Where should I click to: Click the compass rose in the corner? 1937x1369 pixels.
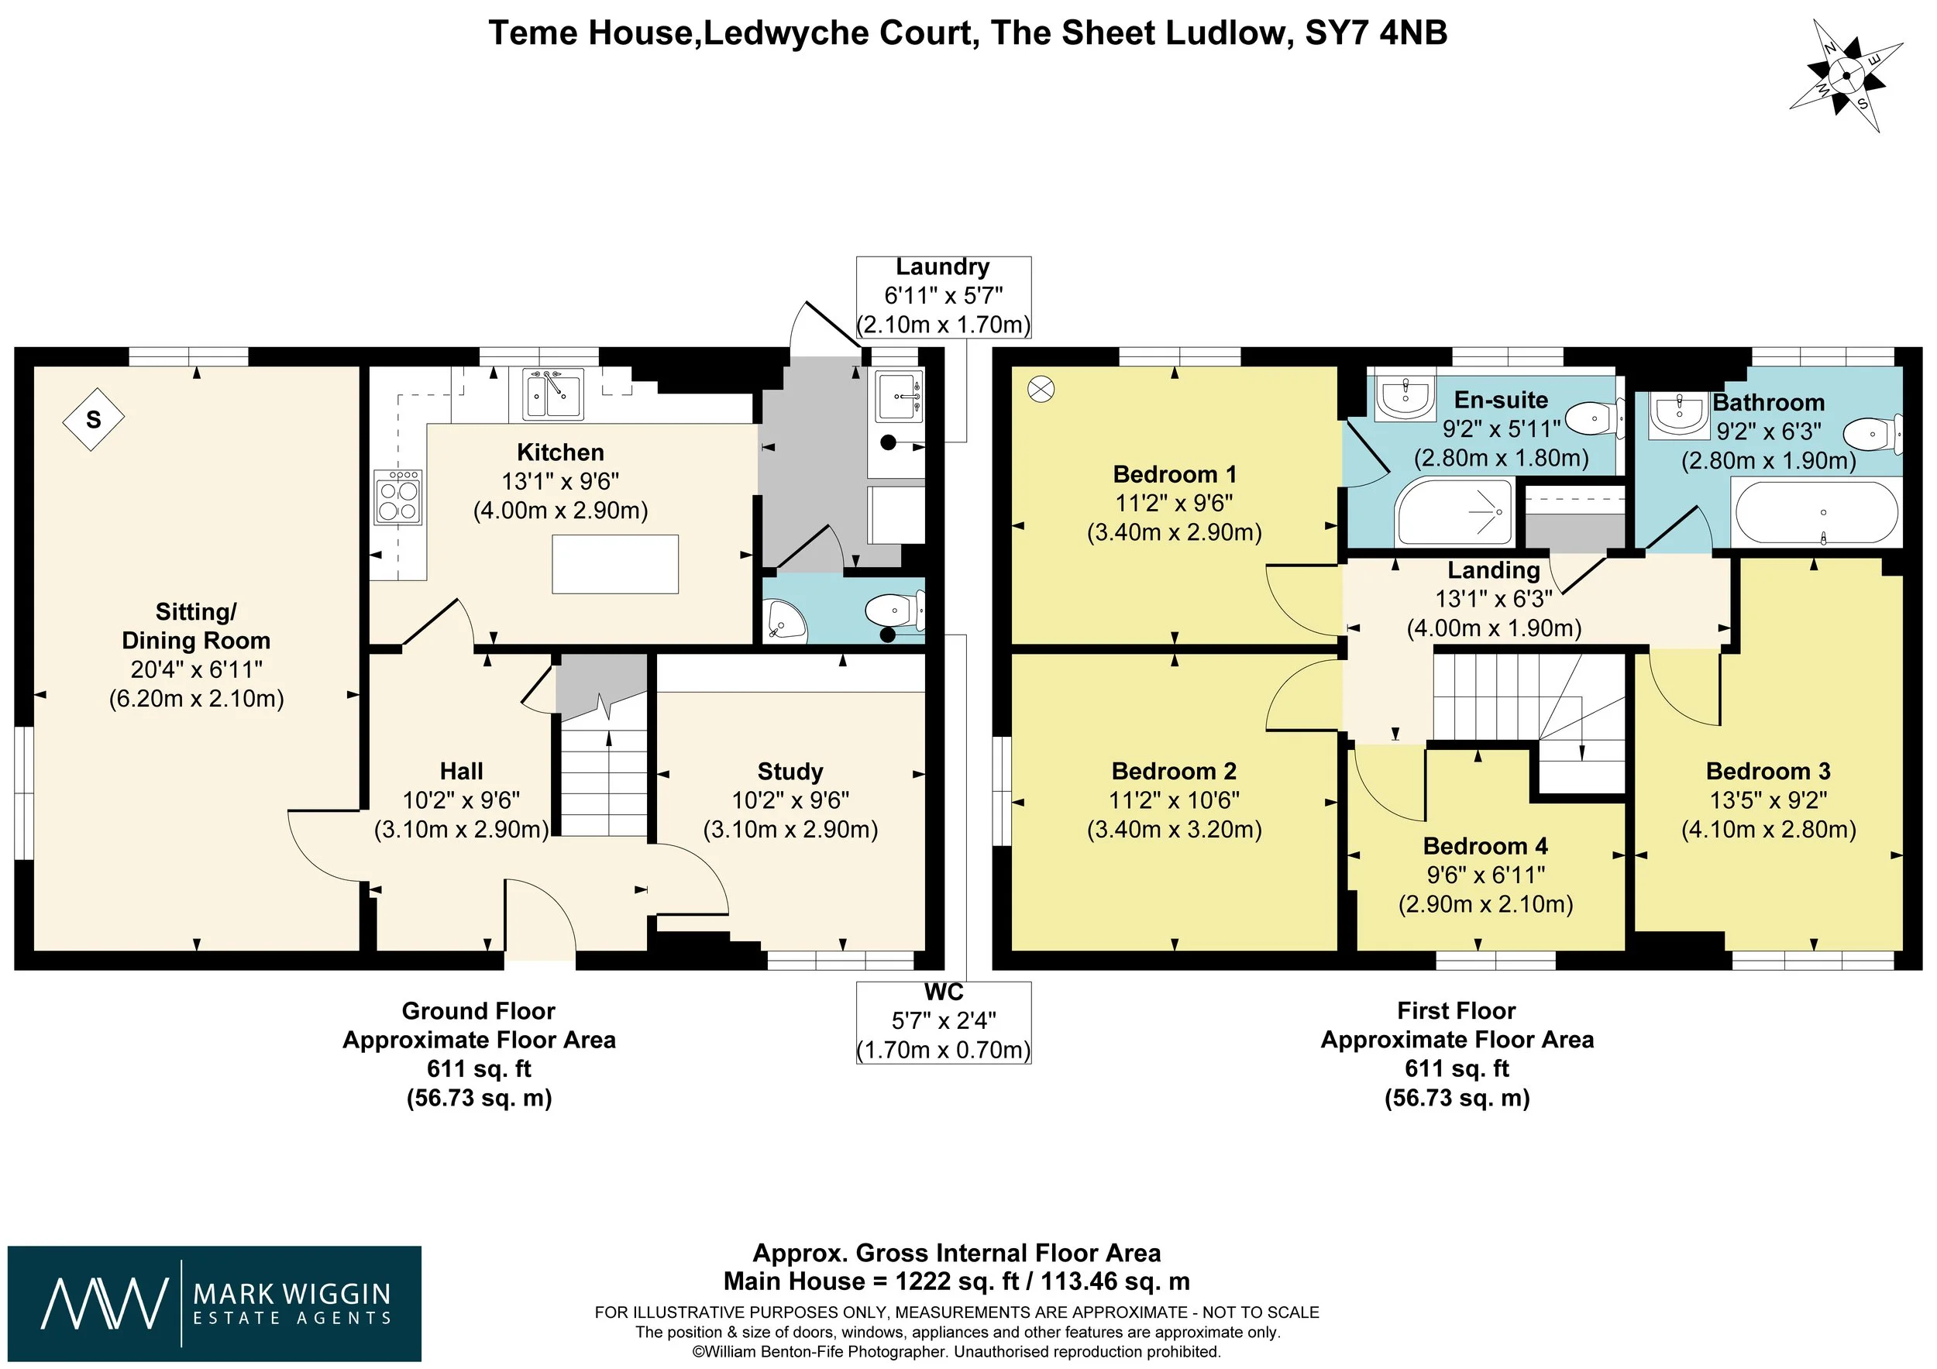click(1846, 76)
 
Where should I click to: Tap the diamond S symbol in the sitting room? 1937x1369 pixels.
click(94, 418)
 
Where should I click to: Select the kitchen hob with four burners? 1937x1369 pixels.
click(398, 497)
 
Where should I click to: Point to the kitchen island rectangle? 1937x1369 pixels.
click(615, 564)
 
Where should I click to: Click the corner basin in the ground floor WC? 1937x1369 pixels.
click(784, 620)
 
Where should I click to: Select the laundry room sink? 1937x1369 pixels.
click(900, 397)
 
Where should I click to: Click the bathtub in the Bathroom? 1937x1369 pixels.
click(1816, 513)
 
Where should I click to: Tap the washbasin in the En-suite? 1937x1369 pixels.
click(1405, 397)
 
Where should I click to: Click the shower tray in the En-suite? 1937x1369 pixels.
click(1455, 512)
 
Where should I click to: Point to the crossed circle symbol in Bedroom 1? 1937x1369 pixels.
click(1042, 389)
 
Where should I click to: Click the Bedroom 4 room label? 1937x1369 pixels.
click(1485, 846)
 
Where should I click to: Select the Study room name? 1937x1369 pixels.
click(790, 771)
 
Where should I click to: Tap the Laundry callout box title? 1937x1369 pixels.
click(942, 267)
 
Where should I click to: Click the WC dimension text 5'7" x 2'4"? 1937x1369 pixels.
click(944, 1020)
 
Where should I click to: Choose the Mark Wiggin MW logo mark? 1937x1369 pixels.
click(105, 1304)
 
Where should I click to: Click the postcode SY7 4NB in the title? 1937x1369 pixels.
click(1376, 33)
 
